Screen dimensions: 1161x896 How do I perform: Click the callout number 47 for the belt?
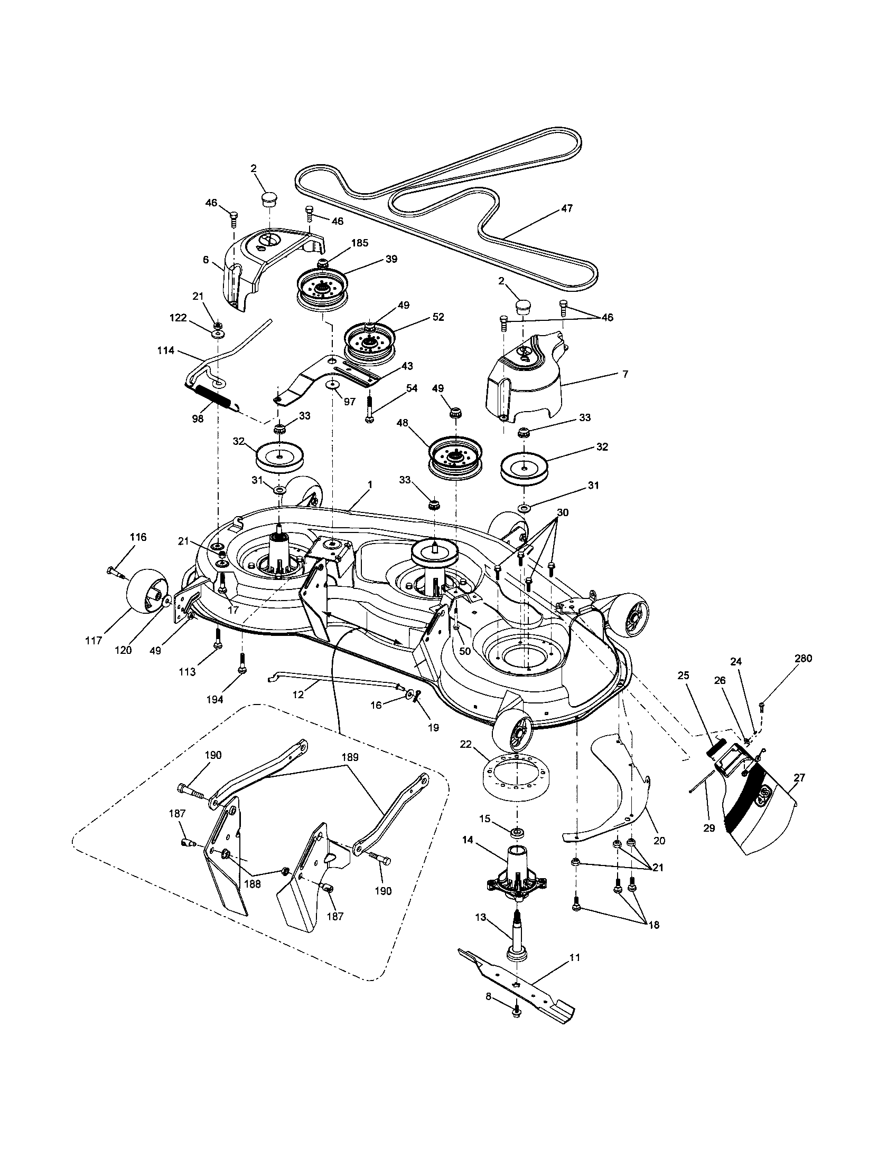[x=567, y=208]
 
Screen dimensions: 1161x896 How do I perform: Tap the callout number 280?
[x=803, y=659]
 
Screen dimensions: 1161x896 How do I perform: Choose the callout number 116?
[x=138, y=537]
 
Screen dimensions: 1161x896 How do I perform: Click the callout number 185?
[x=360, y=243]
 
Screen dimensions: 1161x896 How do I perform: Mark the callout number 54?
[x=412, y=388]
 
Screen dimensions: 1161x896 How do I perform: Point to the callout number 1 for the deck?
[x=370, y=486]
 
